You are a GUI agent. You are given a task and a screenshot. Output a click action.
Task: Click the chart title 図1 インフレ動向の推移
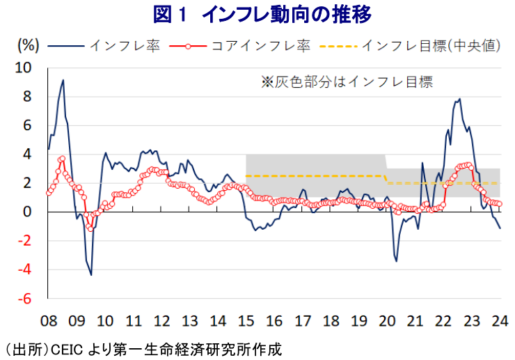(x=257, y=15)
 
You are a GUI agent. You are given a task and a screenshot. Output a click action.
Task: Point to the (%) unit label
(x=26, y=46)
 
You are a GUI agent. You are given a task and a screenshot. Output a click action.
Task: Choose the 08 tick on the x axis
(x=48, y=321)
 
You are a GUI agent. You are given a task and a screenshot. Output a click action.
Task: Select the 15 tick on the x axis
(x=246, y=321)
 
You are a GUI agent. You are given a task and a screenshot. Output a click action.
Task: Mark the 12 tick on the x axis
(x=161, y=321)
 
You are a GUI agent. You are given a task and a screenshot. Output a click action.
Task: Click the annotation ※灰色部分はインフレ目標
(x=347, y=81)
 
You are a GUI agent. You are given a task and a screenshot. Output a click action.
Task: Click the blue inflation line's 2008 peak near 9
(x=63, y=80)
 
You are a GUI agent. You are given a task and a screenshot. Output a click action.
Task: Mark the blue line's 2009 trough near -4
(x=91, y=274)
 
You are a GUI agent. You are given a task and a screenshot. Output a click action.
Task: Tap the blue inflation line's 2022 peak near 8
(x=459, y=99)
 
